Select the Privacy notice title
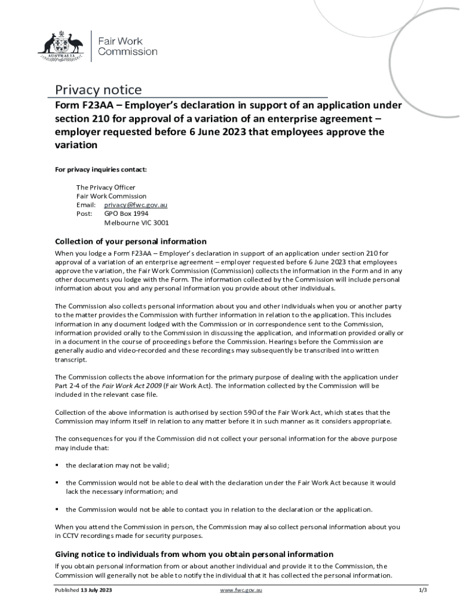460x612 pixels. click(x=99, y=90)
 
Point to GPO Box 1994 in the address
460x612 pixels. click(x=127, y=213)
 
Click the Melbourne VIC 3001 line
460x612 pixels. click(x=136, y=222)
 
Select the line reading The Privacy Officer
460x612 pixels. click(x=106, y=188)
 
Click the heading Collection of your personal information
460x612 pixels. click(x=131, y=241)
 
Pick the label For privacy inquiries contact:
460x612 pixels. click(x=101, y=170)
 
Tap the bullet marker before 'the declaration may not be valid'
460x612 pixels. click(x=57, y=465)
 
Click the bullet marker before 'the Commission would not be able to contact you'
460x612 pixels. click(x=57, y=510)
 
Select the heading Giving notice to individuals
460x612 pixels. click(x=194, y=554)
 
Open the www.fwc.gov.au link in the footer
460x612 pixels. click(x=241, y=590)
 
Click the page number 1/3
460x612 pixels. click(x=424, y=590)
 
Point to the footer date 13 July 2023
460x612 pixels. click(x=96, y=590)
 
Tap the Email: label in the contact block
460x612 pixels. click(x=86, y=205)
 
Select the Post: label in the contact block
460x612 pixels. click(x=84, y=213)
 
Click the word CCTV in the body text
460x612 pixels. click(x=70, y=536)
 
